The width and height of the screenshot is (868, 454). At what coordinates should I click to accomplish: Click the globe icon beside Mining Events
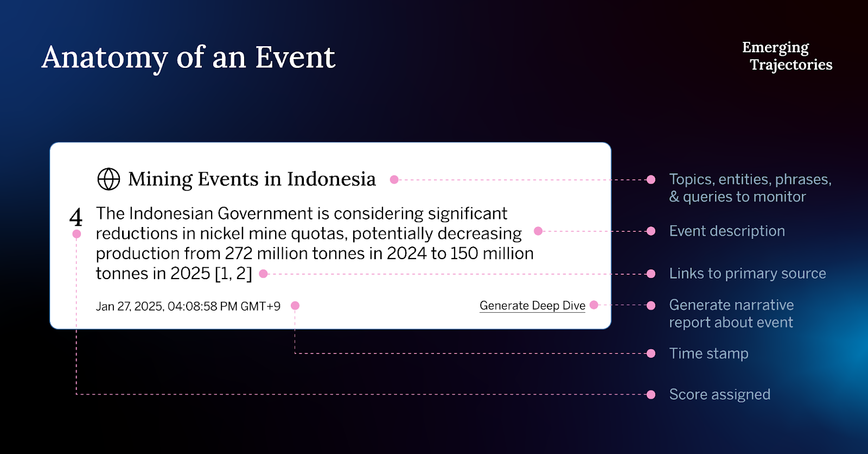point(108,179)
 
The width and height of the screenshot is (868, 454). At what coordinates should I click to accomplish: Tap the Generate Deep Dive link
point(532,306)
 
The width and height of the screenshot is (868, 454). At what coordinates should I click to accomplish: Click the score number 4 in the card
point(76,217)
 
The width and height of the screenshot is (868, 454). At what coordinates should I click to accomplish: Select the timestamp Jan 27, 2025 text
point(188,306)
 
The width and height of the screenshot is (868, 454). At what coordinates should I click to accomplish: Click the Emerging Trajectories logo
point(787,56)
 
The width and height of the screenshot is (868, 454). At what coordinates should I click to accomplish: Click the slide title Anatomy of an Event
point(188,58)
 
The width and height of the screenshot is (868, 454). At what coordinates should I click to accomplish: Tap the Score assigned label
point(719,394)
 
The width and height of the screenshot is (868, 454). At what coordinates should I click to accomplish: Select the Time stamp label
point(709,353)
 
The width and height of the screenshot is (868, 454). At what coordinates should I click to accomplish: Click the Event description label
point(727,231)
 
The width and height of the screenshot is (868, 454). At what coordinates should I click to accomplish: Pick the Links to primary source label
point(748,274)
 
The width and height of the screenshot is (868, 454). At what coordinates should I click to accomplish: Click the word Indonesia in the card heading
point(331,179)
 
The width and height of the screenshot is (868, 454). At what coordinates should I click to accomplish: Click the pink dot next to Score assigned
point(651,395)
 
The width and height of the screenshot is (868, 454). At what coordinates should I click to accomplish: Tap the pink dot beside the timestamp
point(295,306)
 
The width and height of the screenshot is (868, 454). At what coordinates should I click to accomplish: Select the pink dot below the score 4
point(76,234)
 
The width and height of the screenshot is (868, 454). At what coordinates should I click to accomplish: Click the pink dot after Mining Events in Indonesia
point(394,180)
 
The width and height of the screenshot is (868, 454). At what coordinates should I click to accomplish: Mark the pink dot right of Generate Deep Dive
point(593,305)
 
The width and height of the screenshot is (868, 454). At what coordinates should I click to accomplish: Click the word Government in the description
point(265,213)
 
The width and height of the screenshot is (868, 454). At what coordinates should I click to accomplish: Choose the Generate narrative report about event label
point(732,313)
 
